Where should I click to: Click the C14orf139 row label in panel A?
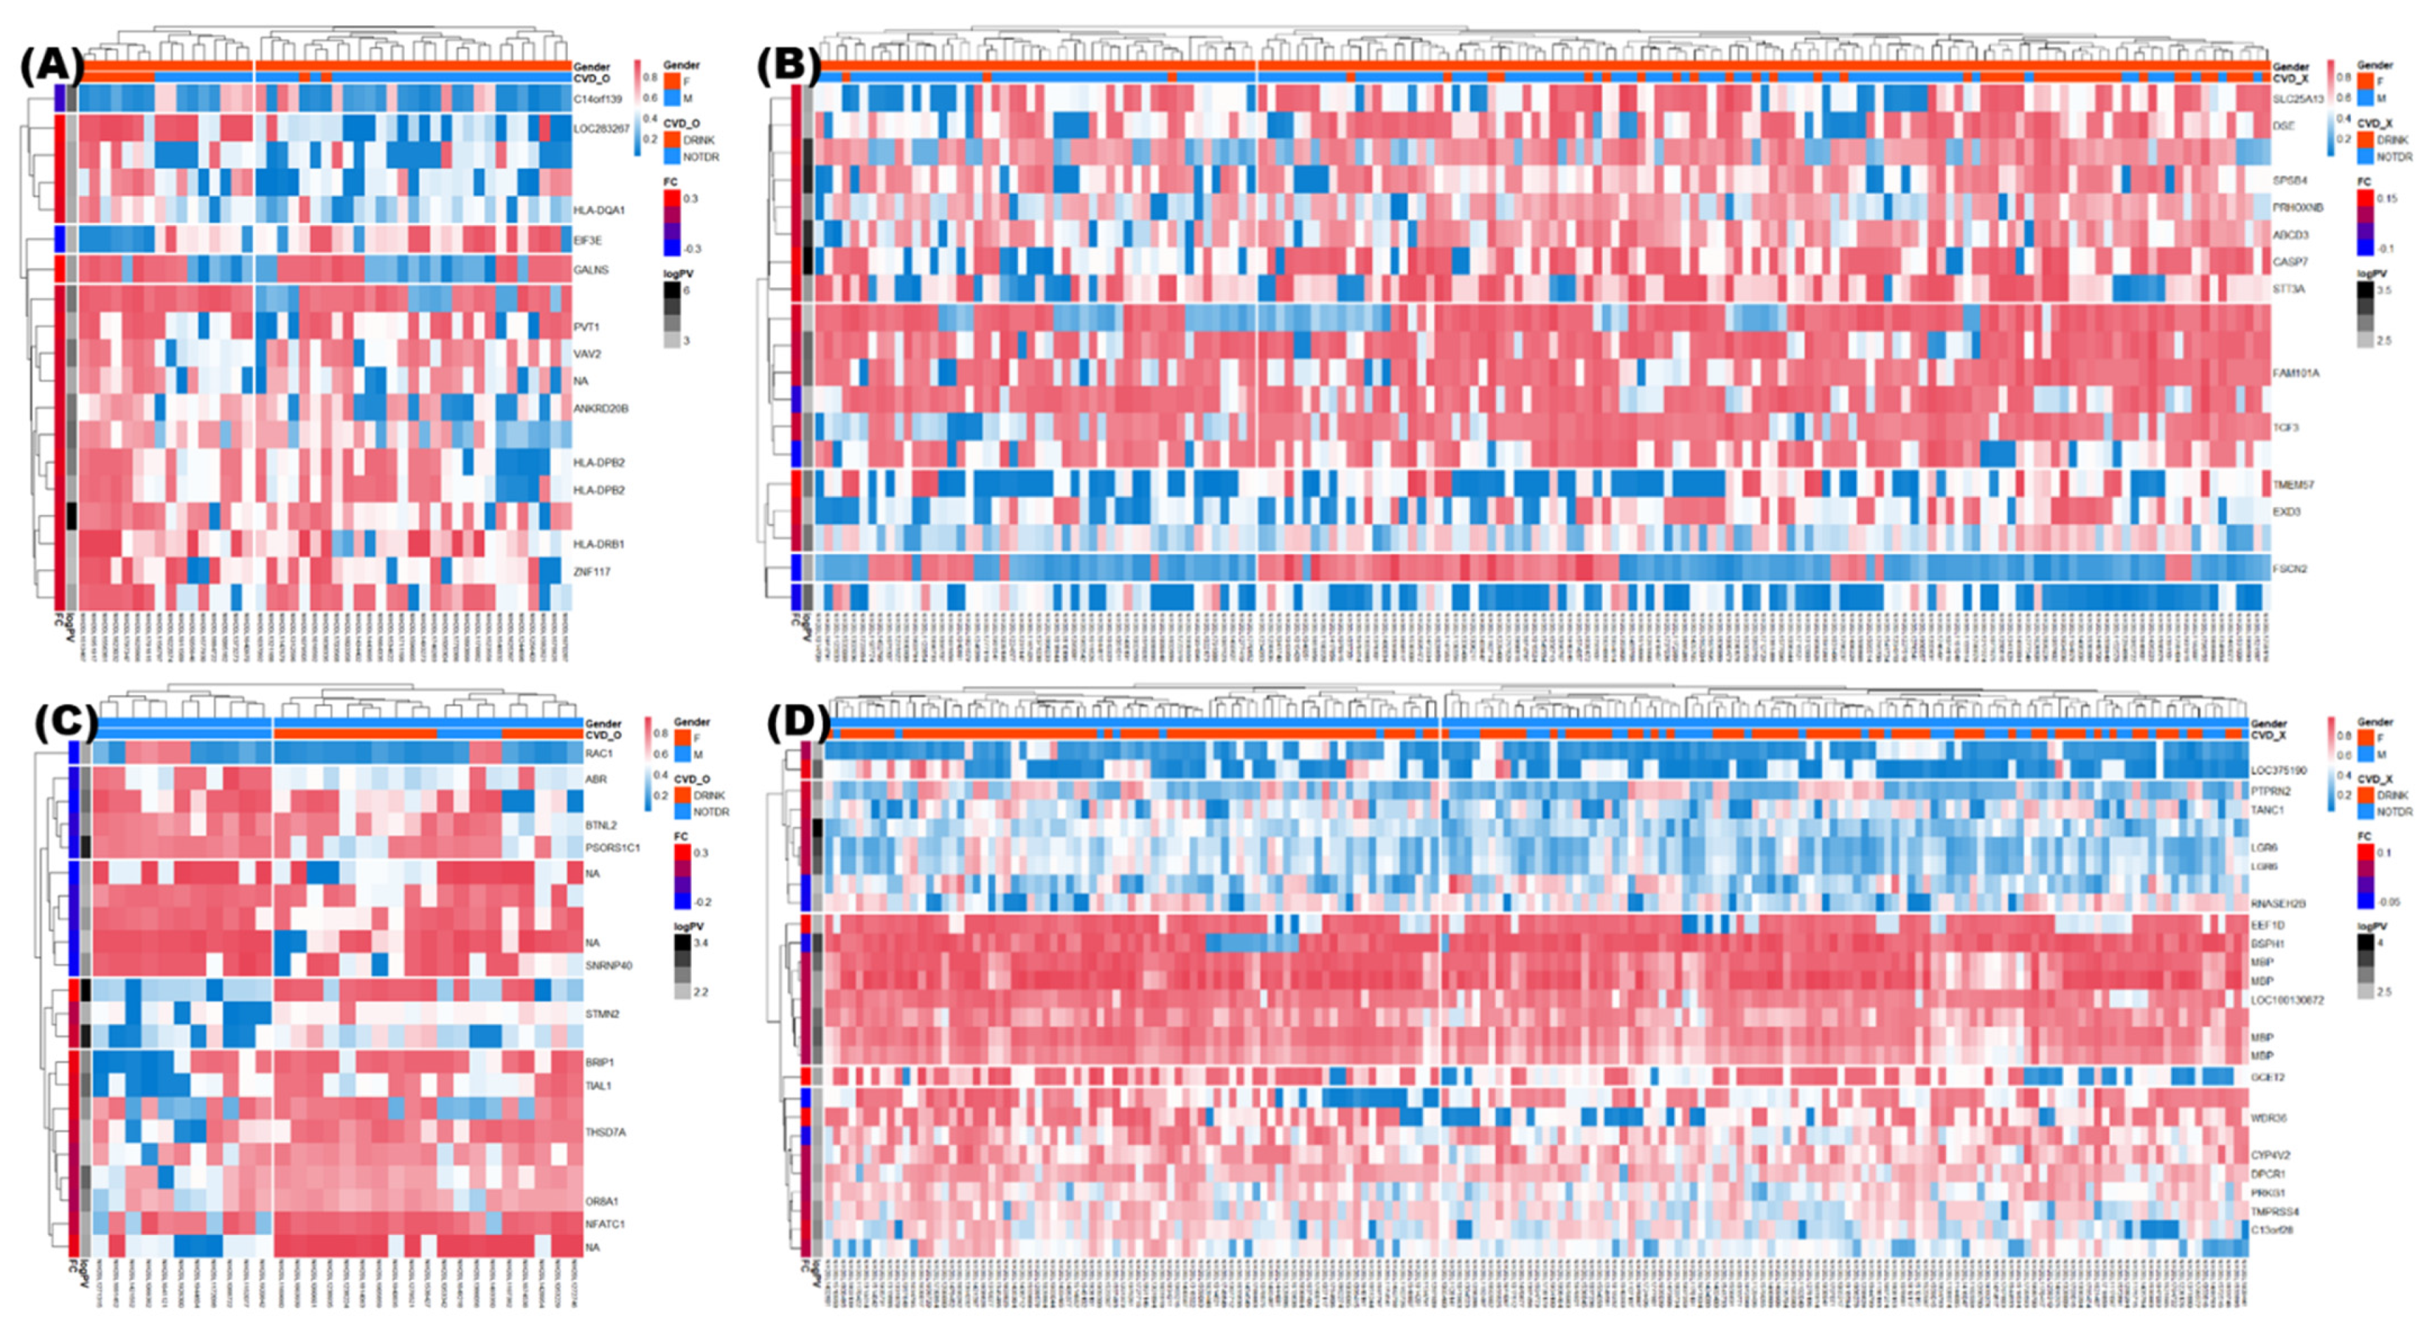pos(598,98)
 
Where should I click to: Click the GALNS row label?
pos(591,270)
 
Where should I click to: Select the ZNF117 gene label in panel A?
pos(592,571)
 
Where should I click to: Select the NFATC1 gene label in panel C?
pos(605,1224)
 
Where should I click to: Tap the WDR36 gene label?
pos(2269,1118)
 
